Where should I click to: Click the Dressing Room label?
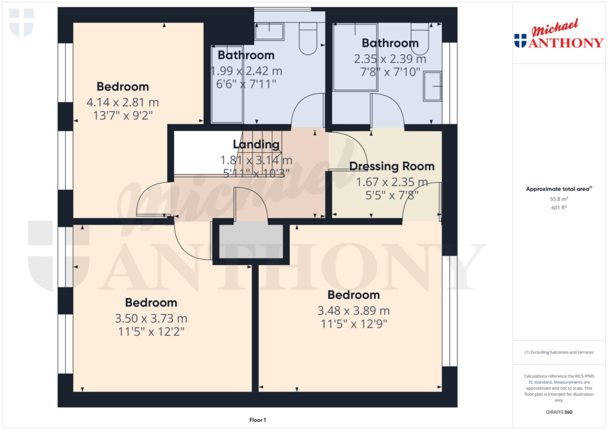[391, 166]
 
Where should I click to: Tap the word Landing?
[256, 144]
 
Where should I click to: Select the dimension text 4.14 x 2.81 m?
[122, 102]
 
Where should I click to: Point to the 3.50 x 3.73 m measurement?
[151, 318]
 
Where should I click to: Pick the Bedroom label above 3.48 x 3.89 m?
[353, 295]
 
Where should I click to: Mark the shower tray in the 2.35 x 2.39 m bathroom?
[355, 58]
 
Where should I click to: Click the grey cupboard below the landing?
[251, 241]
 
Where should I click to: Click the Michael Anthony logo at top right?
[558, 36]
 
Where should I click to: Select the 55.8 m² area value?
[558, 200]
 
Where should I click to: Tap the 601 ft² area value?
[558, 208]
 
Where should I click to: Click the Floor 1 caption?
[257, 420]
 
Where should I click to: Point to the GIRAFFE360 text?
[558, 412]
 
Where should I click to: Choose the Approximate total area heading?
[558, 189]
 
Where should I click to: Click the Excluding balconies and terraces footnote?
[558, 352]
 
